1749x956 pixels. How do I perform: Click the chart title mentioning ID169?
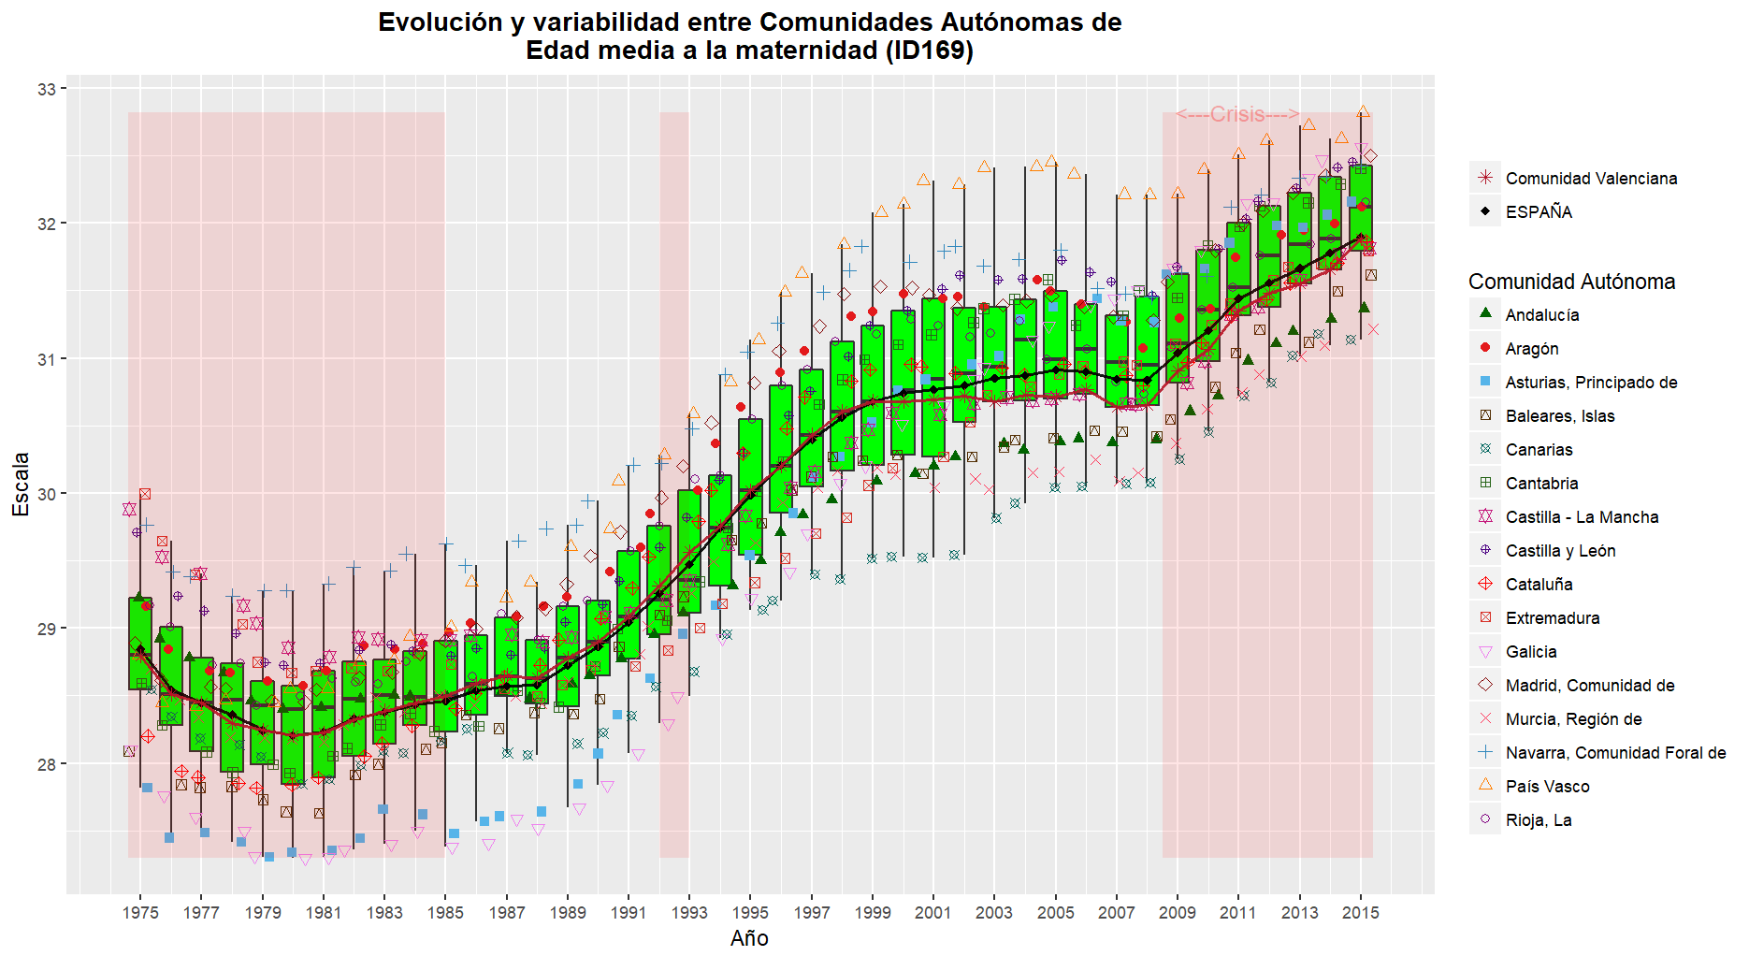pyautogui.click(x=749, y=36)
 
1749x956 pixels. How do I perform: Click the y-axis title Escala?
pyautogui.click(x=21, y=484)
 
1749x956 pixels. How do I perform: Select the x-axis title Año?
pyautogui.click(x=749, y=938)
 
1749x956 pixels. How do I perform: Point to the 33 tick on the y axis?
pyautogui.click(x=47, y=89)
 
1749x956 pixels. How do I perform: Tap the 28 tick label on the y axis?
pyautogui.click(x=47, y=764)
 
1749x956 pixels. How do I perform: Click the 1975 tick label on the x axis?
pyautogui.click(x=140, y=913)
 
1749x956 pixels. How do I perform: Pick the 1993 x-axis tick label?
pyautogui.click(x=689, y=913)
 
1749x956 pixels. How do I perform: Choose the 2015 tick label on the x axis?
pyautogui.click(x=1360, y=913)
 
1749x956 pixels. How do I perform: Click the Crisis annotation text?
pyautogui.click(x=1237, y=114)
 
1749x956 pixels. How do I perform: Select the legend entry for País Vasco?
pyautogui.click(x=1547, y=787)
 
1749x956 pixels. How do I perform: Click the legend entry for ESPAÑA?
pyautogui.click(x=1539, y=212)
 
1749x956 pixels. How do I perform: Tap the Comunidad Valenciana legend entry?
pyautogui.click(x=1591, y=179)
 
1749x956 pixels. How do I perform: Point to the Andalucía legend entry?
pyautogui.click(x=1541, y=315)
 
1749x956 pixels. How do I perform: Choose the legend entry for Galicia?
pyautogui.click(x=1531, y=652)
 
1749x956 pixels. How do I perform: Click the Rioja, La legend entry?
pyautogui.click(x=1538, y=820)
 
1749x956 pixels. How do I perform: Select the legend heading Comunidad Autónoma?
pyautogui.click(x=1571, y=282)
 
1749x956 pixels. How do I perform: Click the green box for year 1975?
pyautogui.click(x=140, y=644)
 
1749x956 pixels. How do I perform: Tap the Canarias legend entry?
pyautogui.click(x=1539, y=450)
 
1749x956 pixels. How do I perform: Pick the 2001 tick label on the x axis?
pyautogui.click(x=933, y=913)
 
